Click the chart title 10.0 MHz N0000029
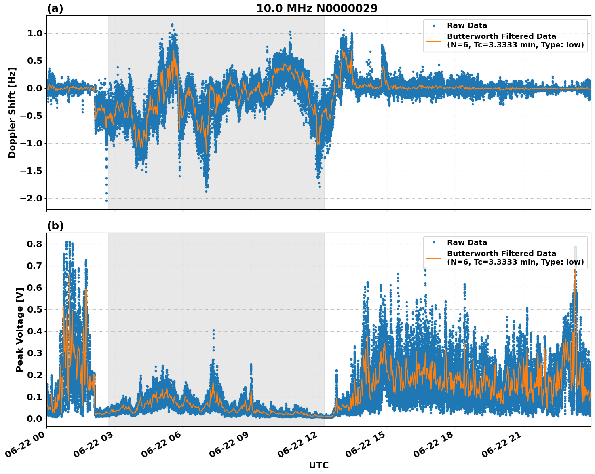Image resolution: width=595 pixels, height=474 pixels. pos(317,8)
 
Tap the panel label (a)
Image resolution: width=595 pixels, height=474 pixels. pos(55,8)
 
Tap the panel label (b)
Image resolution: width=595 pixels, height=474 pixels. pos(55,226)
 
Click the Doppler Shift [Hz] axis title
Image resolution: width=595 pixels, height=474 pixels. pos(12,112)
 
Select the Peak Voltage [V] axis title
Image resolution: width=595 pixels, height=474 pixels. pos(19,329)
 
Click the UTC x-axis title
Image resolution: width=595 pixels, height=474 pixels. pos(319,465)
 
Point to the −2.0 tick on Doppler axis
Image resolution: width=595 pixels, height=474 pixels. pos(31,198)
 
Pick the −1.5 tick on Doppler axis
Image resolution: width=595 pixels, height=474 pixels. pos(31,171)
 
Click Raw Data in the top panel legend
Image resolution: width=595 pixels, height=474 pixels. pos(467,25)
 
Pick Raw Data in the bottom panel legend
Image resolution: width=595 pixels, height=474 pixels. pos(467,243)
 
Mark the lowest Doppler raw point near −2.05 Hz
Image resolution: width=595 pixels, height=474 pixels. pos(106,201)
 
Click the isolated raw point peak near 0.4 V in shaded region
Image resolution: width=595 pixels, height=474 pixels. pos(213,330)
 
